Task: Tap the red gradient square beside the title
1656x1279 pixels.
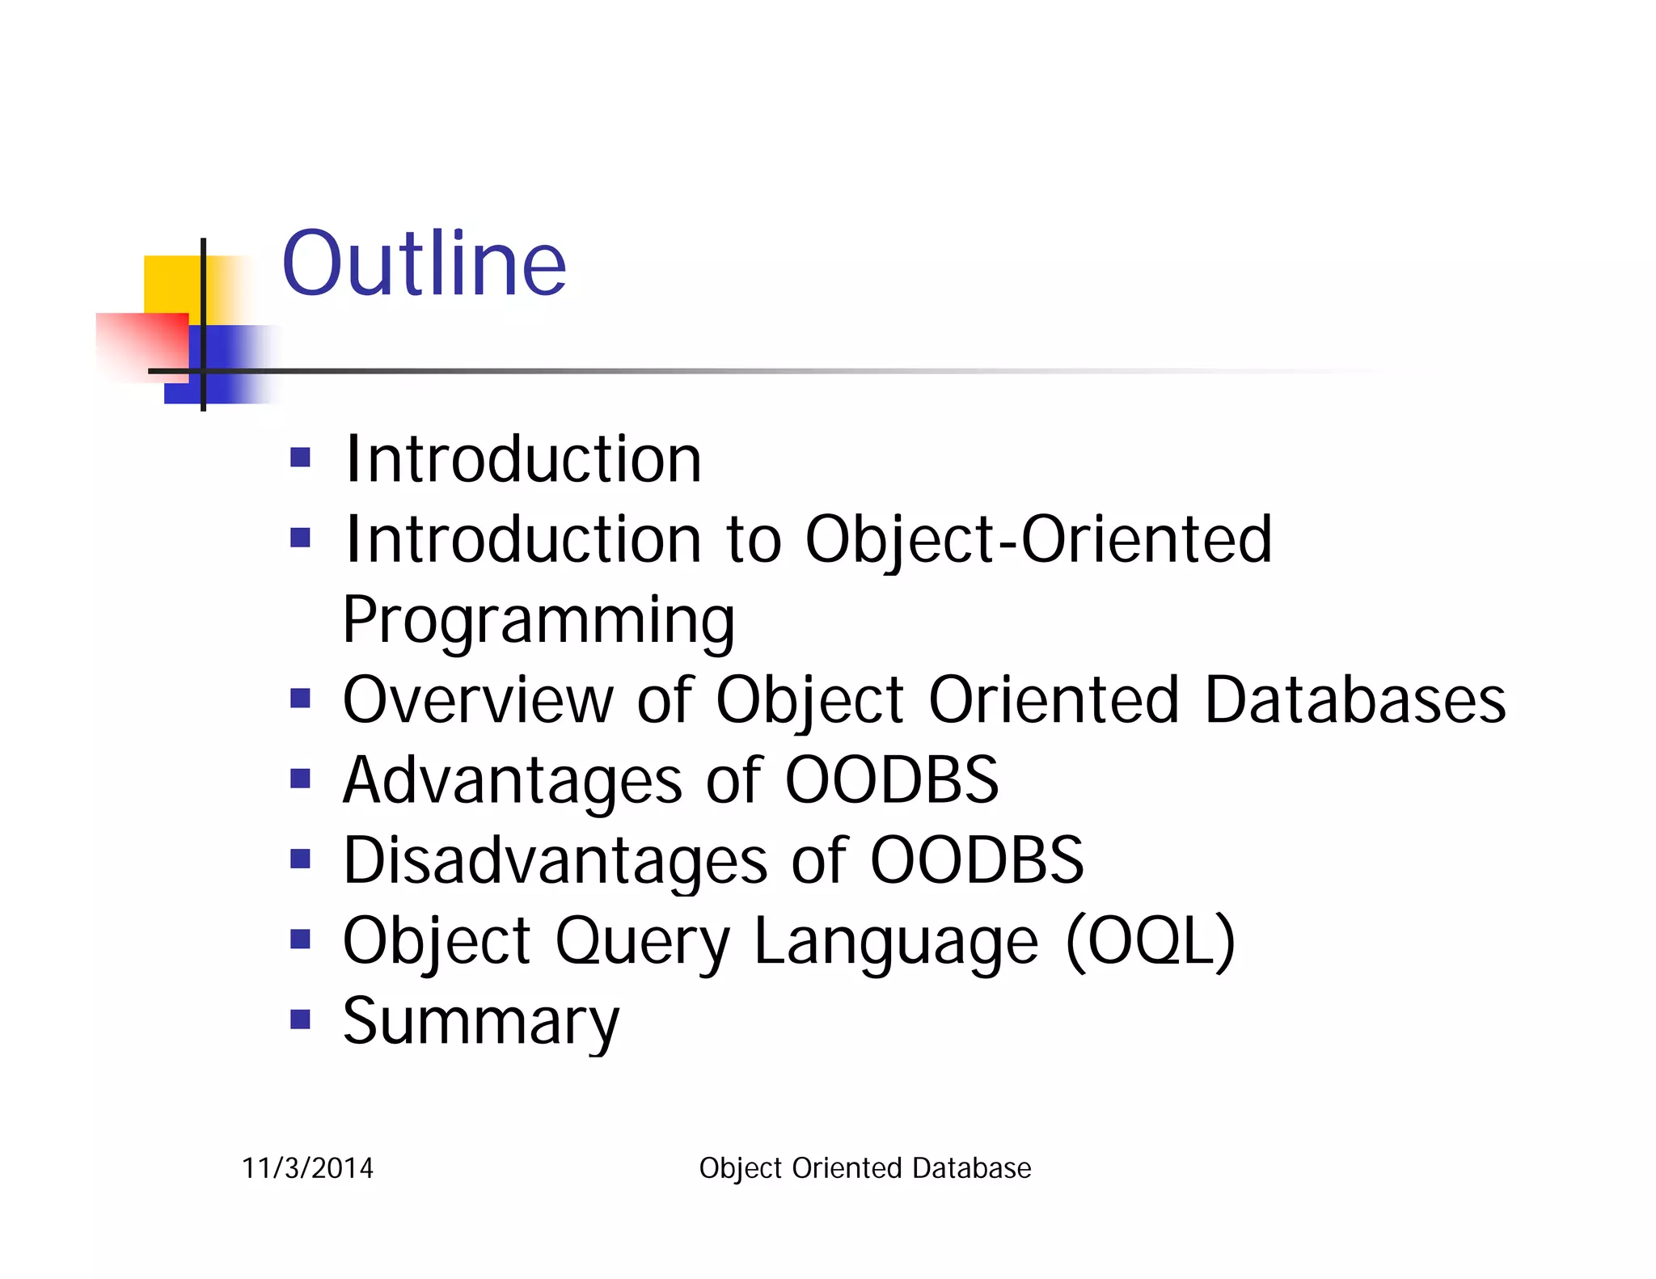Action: pos(146,345)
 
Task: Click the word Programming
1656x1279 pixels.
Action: pos(539,621)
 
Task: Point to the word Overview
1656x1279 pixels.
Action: pos(478,700)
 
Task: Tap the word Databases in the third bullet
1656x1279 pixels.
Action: pos(1355,700)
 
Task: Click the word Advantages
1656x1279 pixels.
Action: pos(513,780)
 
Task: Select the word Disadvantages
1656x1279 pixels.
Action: pos(555,860)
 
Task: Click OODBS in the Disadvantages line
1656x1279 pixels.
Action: pos(976,860)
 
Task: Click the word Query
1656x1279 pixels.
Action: pos(642,943)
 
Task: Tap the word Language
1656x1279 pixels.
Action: pos(896,943)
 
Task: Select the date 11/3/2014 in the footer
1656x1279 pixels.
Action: pos(307,1168)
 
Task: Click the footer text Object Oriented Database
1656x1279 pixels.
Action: pos(864,1168)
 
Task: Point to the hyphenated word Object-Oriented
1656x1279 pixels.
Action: pos(1038,540)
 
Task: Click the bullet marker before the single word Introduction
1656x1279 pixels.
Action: pos(300,458)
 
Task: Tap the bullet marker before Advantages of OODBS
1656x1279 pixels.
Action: pos(300,779)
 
